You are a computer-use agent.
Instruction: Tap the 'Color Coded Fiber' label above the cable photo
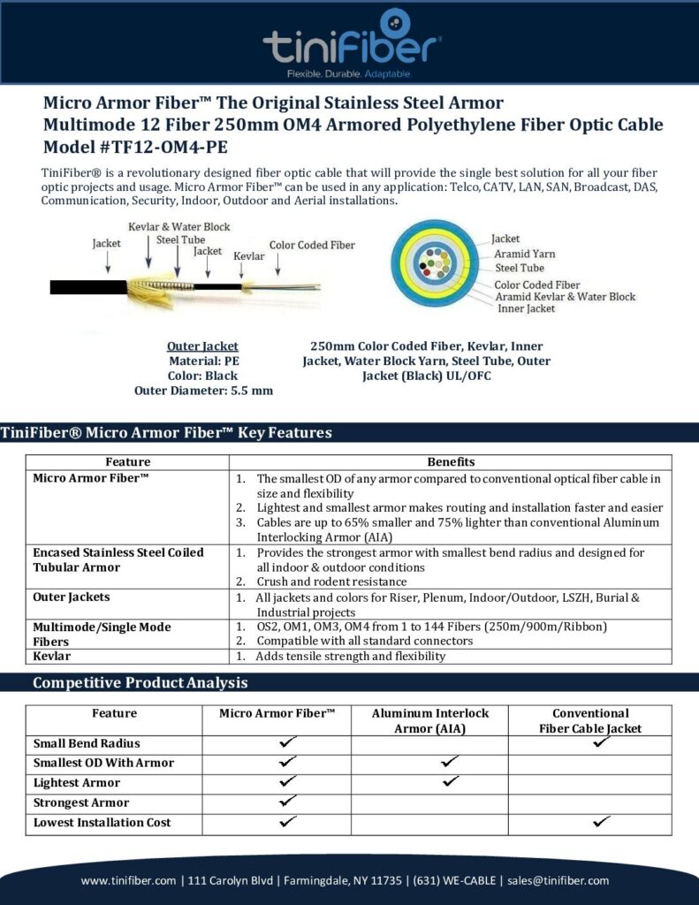pos(312,245)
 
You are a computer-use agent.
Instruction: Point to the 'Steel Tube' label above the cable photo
pos(180,239)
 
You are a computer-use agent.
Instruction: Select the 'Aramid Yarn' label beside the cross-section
pos(525,254)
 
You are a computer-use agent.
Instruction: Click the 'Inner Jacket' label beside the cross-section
pos(528,309)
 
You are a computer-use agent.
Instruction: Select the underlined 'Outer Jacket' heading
pos(203,346)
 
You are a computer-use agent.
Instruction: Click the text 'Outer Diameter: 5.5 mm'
pos(203,390)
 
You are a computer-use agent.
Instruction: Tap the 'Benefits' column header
pos(451,461)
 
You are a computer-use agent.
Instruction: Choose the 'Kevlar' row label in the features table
pos(52,657)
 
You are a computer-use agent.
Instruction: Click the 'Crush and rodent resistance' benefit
pos(331,582)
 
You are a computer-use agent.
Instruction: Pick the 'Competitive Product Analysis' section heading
pos(140,683)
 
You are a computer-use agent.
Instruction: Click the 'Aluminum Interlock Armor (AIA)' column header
pos(429,720)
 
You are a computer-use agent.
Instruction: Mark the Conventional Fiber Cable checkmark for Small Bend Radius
pos(603,743)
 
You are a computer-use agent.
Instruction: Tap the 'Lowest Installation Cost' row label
pos(103,823)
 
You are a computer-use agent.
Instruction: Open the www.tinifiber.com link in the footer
pos(129,880)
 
